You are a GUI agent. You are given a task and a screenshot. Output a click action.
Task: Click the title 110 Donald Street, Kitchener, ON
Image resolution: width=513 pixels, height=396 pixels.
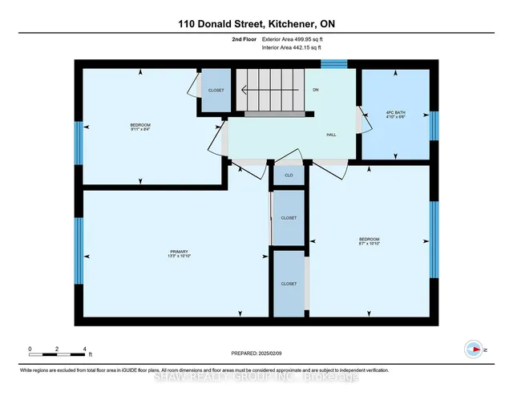pyautogui.click(x=256, y=24)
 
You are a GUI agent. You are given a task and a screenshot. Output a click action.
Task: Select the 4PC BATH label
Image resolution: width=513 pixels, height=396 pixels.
pyautogui.click(x=395, y=113)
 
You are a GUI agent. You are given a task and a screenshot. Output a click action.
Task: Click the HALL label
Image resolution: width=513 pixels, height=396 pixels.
pyautogui.click(x=331, y=135)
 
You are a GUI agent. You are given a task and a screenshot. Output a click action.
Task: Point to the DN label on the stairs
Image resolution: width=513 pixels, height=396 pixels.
pyautogui.click(x=316, y=89)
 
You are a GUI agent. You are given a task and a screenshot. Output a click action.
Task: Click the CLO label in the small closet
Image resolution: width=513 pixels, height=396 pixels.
pyautogui.click(x=289, y=174)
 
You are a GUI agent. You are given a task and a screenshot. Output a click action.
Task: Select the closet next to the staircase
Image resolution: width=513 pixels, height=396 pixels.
pyautogui.click(x=216, y=90)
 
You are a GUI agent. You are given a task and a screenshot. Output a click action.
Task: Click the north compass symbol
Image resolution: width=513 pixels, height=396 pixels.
pyautogui.click(x=474, y=349)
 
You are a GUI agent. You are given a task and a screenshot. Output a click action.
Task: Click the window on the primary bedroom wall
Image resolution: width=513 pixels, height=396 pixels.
pyautogui.click(x=79, y=250)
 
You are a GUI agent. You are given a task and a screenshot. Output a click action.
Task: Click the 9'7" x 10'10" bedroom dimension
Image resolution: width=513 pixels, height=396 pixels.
pyautogui.click(x=369, y=244)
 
